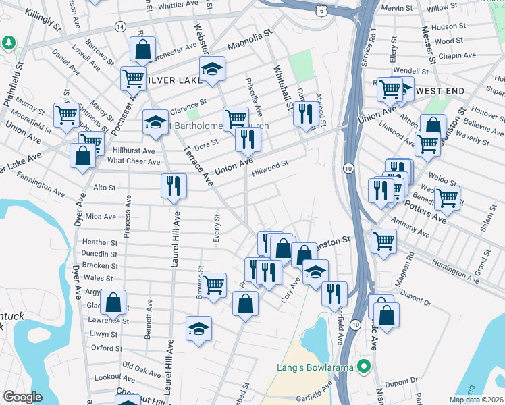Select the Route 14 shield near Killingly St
point(119,26)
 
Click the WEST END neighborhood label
point(442,90)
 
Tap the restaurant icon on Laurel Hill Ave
point(174,186)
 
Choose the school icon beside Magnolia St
point(212,68)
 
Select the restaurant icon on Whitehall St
point(304,113)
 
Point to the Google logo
point(22,397)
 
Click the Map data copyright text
point(477,400)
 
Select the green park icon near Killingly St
point(8,43)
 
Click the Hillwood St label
point(270,163)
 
